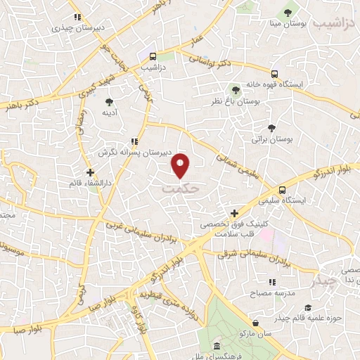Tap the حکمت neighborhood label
181,189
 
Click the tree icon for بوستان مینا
287,13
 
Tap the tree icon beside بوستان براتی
271,127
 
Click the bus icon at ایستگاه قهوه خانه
274,72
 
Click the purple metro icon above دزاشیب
152,56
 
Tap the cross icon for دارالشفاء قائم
89,171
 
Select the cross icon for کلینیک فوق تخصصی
235,212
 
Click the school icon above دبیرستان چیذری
77,17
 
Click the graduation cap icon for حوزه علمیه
308,307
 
